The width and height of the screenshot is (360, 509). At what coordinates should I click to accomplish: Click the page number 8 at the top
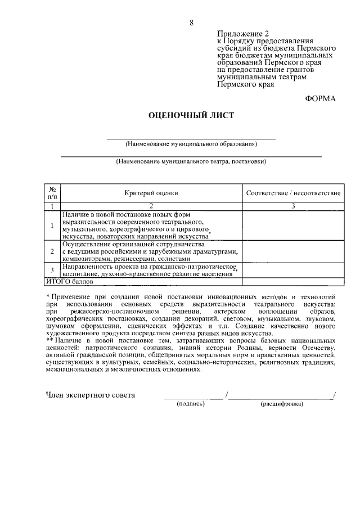point(192,22)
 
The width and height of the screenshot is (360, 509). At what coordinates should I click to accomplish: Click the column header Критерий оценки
point(151,193)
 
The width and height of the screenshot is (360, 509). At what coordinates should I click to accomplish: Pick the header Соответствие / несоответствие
point(293,193)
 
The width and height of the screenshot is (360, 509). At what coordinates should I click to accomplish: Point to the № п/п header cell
point(52,193)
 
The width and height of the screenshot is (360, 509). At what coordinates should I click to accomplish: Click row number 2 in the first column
point(52,251)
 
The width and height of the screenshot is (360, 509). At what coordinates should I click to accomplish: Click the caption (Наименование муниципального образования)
point(191,144)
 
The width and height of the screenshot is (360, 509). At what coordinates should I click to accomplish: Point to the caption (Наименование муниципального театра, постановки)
point(191,161)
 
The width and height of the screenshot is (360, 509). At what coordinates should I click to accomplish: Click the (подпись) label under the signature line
point(191,404)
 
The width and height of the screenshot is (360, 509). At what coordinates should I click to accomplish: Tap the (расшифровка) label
point(281,404)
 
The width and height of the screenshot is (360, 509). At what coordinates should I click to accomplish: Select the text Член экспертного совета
point(91,395)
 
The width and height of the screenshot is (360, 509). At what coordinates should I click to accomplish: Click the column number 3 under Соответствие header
point(293,206)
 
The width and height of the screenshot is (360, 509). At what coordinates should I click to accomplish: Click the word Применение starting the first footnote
point(73,296)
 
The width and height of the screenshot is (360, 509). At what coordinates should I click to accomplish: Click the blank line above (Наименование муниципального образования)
point(191,137)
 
